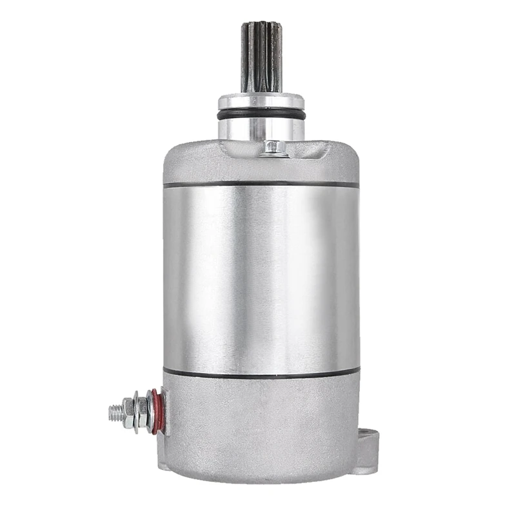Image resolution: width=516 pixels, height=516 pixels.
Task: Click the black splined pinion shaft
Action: [261, 56]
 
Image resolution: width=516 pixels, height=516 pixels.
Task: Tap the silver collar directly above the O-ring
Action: [261, 101]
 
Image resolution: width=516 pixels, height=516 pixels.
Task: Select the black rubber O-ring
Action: [261, 114]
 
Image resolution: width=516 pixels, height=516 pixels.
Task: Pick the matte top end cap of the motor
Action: [193, 164]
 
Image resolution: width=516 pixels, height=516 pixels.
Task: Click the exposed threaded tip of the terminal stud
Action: [114, 411]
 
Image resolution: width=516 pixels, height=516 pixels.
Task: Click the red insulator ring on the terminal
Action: [155, 412]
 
